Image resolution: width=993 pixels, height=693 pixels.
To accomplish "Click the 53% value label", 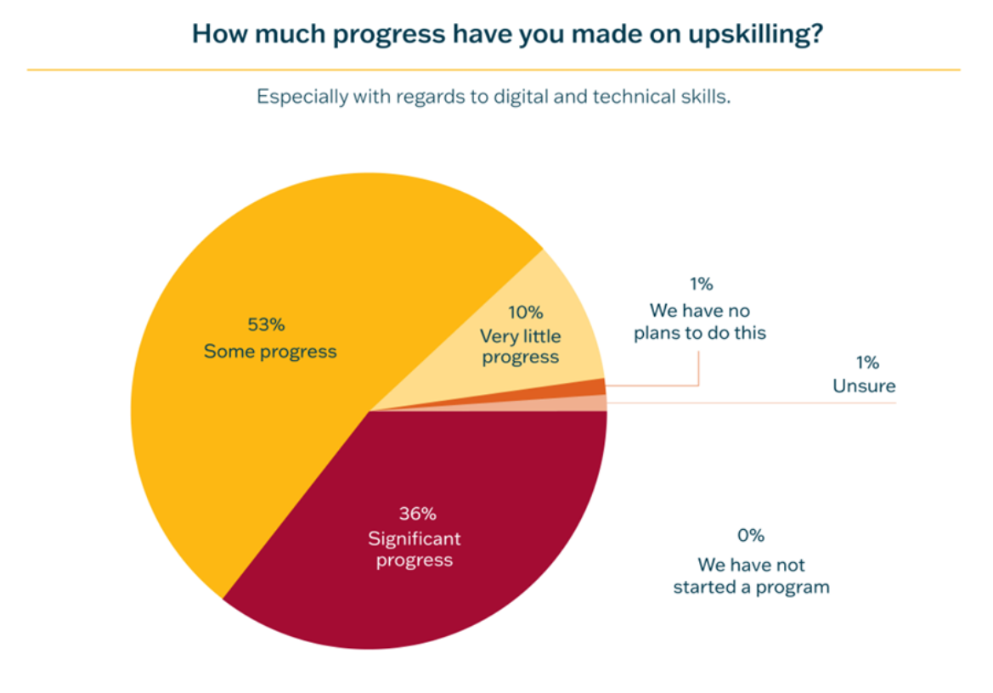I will point(266,324).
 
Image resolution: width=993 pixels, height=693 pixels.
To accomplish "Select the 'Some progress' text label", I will point(270,352).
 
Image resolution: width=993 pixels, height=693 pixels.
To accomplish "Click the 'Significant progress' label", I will point(415,549).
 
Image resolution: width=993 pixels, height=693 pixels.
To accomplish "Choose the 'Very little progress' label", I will point(521,346).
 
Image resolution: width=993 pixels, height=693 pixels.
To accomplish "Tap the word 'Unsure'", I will point(864,386).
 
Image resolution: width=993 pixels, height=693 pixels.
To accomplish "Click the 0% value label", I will point(751,536).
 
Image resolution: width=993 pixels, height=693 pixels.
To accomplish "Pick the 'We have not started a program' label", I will point(751,576).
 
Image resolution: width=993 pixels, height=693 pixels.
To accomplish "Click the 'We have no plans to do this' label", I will point(700,322).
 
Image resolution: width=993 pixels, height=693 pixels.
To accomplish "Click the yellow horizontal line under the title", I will point(493,70).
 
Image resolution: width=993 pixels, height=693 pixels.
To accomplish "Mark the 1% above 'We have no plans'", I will point(701,285).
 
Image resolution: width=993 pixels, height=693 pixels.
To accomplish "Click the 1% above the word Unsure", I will point(866,363).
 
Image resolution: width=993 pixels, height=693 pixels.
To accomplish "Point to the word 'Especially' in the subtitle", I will point(297,97).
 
